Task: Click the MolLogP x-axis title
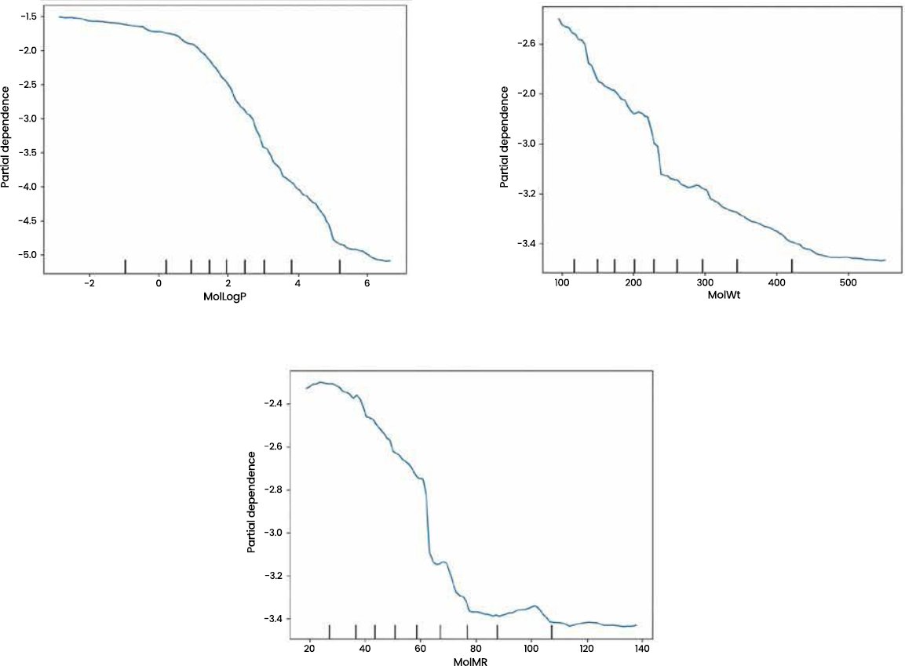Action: [x=224, y=297]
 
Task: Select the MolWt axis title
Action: [x=724, y=296]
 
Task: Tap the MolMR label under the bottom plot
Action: [x=470, y=661]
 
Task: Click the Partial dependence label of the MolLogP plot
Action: [x=5, y=137]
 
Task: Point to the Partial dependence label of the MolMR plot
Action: [x=252, y=502]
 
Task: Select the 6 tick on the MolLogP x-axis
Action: [x=367, y=283]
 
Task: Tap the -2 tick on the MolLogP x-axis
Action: [x=89, y=283]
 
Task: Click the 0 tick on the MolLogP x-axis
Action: [x=159, y=283]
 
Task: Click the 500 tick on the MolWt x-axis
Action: [x=848, y=282]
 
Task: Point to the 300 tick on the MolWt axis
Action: [x=705, y=282]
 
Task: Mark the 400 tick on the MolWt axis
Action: [x=777, y=282]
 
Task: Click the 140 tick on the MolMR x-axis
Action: [x=642, y=648]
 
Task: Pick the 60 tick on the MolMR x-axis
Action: [x=420, y=648]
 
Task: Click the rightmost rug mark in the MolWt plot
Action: [x=792, y=265]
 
